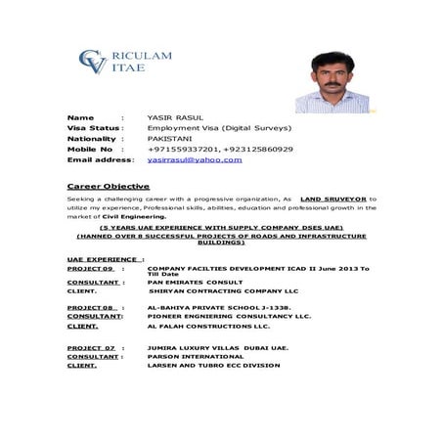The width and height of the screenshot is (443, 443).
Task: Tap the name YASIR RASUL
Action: click(175, 117)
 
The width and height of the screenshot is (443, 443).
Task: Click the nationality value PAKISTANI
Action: click(171, 138)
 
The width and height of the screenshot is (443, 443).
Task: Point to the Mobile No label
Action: click(90, 149)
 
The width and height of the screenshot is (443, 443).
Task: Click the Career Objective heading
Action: click(108, 185)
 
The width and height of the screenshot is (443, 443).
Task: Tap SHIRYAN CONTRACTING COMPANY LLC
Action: click(223, 290)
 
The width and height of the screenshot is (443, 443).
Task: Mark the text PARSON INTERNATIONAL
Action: click(191, 356)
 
